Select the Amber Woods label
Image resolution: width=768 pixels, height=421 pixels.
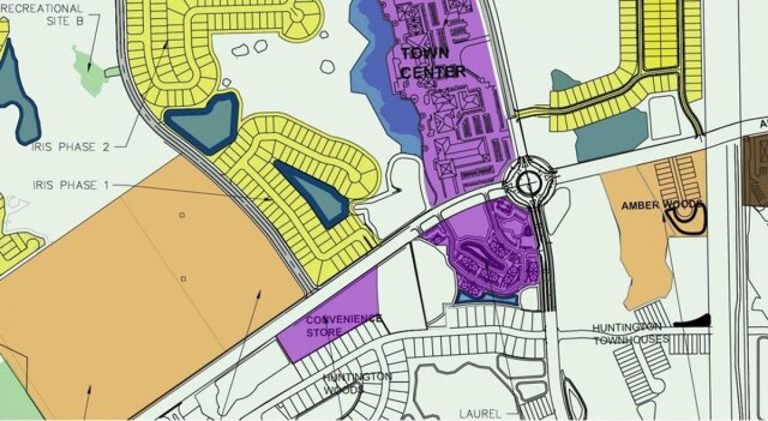pos(662,205)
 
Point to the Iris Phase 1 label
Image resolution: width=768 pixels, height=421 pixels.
pos(70,186)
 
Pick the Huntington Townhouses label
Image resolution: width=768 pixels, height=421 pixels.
pos(630,333)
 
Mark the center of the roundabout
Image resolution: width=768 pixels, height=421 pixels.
pos(529,184)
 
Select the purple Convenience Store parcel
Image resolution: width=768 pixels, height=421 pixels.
pos(330,317)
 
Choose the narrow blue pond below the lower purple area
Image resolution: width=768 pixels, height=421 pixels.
pos(487,298)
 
